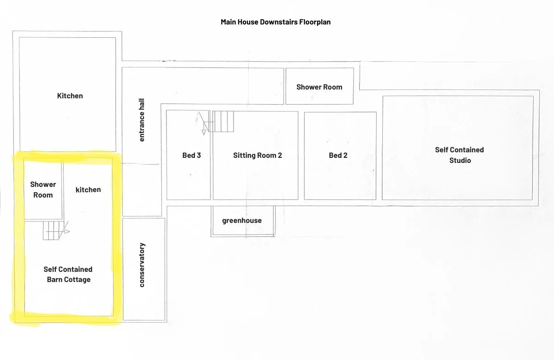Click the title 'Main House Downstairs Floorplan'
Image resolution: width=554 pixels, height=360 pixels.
point(276,22)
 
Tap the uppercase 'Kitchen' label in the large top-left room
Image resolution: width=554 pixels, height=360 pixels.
point(70,96)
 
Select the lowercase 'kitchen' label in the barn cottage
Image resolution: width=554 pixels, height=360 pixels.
point(88,190)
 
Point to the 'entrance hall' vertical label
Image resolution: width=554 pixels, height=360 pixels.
point(141,120)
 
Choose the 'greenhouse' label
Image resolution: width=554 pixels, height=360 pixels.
point(242,221)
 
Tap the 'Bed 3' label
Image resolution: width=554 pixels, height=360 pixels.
point(192,155)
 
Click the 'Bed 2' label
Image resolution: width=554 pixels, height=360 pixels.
point(338,155)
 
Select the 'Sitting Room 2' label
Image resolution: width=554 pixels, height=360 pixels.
point(258,155)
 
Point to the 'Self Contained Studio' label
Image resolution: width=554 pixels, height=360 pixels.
point(459,155)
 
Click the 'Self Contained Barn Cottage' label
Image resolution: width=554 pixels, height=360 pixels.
point(68,274)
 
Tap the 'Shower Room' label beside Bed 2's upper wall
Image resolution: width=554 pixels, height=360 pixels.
point(319,87)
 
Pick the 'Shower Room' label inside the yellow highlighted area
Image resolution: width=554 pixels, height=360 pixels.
point(43,190)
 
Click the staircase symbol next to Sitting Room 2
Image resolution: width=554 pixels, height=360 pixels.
point(221,121)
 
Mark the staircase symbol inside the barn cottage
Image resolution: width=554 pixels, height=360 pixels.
point(53,230)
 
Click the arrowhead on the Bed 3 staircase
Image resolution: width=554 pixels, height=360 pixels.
point(204,132)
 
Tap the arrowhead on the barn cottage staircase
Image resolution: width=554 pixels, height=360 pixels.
point(67,231)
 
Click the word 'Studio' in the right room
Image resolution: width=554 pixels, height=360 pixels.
point(460,161)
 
